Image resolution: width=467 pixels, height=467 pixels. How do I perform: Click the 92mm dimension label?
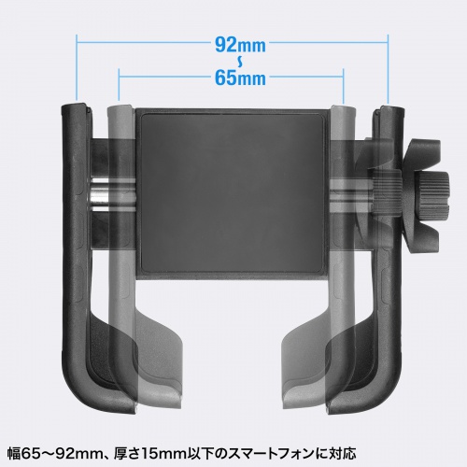240,46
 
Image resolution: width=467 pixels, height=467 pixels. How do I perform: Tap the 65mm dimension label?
240,78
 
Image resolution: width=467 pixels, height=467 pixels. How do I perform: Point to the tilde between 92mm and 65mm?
240,62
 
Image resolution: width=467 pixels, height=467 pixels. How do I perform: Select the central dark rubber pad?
232,191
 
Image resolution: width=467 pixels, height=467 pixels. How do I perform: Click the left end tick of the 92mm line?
77,68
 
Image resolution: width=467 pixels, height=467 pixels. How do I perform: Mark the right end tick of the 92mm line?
388,68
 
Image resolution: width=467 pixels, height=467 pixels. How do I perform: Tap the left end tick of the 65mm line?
120,85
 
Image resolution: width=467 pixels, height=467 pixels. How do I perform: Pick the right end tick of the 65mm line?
343,86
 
